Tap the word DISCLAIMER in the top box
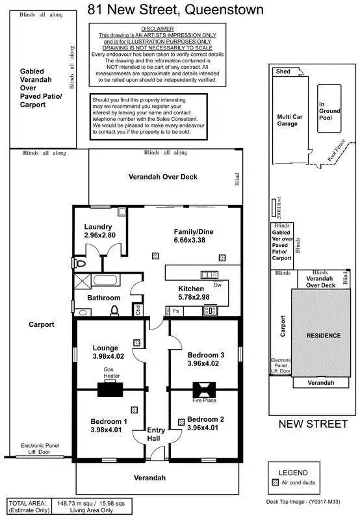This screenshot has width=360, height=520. click(x=157, y=29)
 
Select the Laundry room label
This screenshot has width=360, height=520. click(x=99, y=227)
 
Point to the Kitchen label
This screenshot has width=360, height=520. click(x=192, y=288)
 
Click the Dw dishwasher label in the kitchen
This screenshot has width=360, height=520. click(x=218, y=284)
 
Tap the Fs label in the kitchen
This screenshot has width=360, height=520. click(x=176, y=311)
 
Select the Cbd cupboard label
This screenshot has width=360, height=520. click(x=138, y=310)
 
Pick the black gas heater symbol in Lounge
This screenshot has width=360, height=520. click(x=110, y=389)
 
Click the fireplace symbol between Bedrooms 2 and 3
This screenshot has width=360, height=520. click(x=204, y=389)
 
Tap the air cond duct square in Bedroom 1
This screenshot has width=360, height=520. click(x=135, y=410)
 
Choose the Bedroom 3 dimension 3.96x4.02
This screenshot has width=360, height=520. click(x=205, y=364)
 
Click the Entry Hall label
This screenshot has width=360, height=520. click(x=157, y=434)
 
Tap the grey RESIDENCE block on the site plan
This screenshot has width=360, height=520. click(x=323, y=335)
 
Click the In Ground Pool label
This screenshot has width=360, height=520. click(x=329, y=111)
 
